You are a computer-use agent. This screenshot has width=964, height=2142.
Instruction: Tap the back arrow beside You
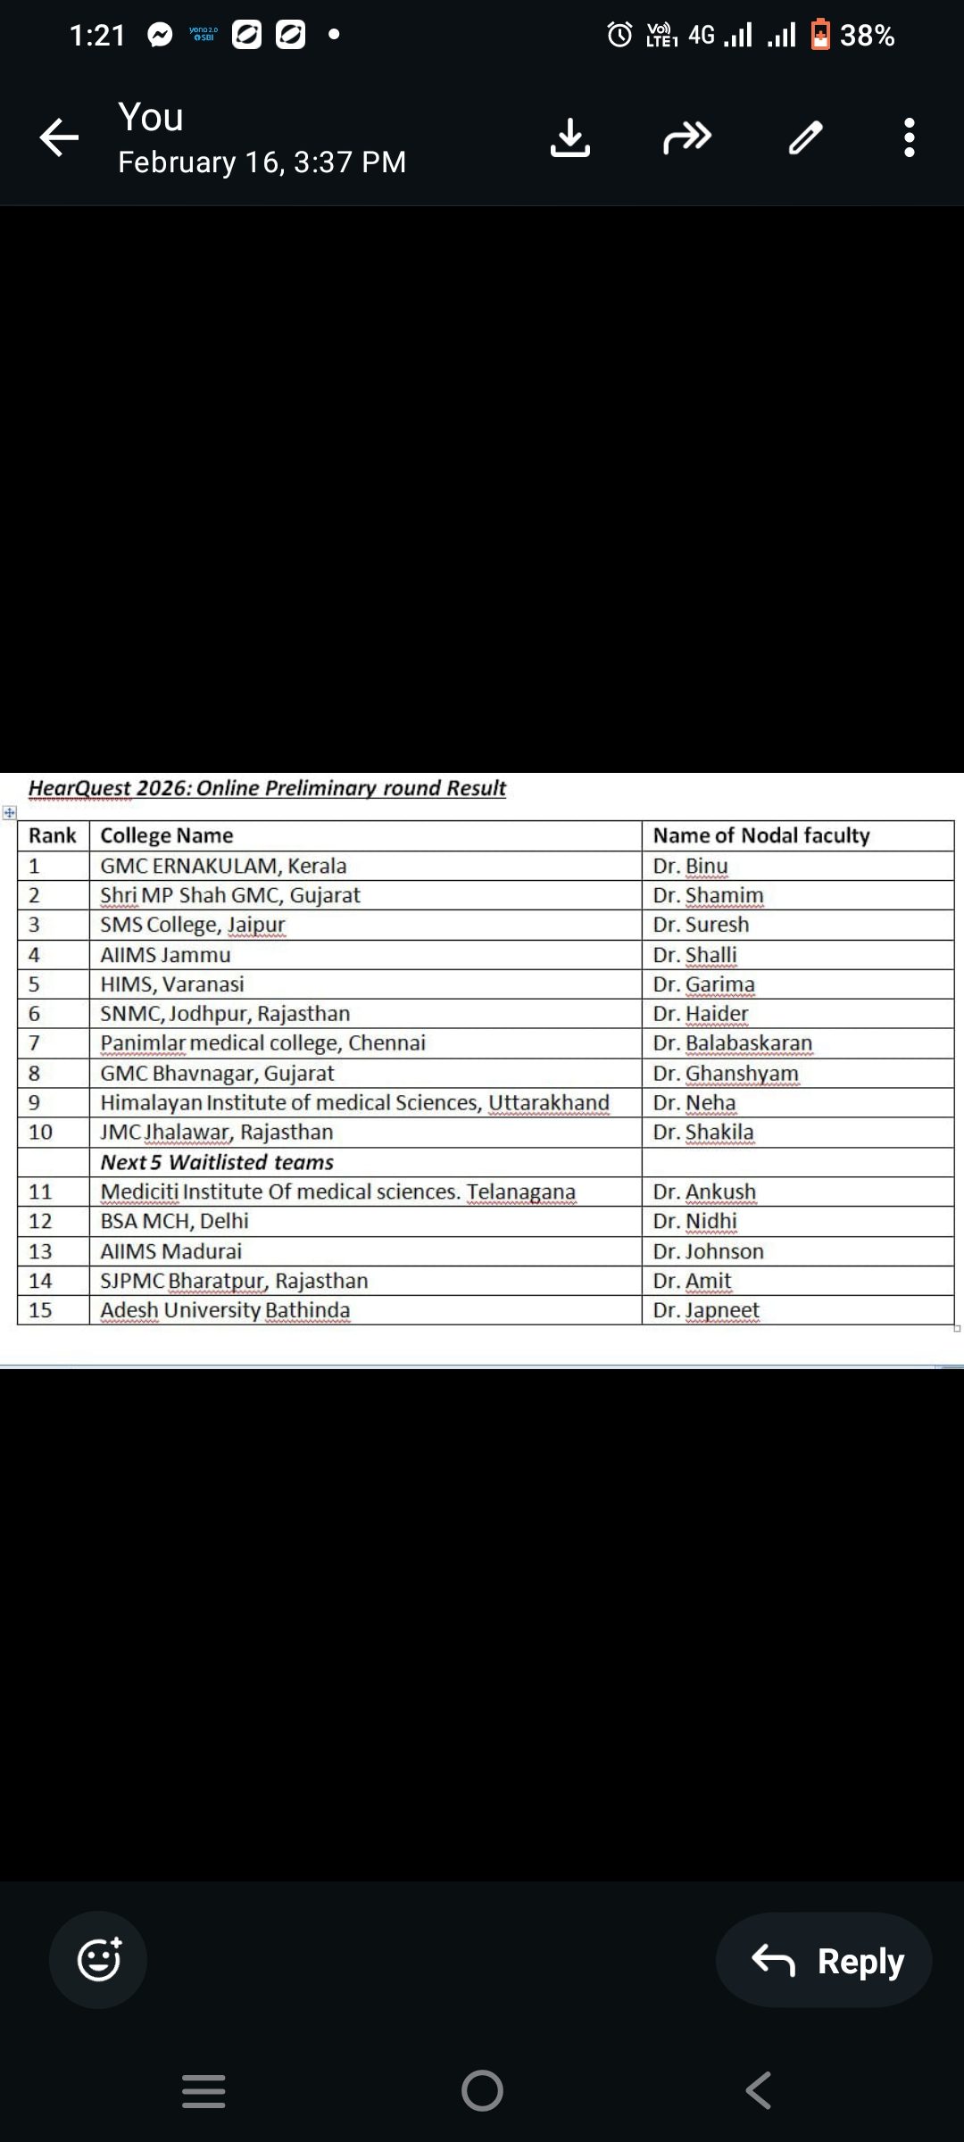click(x=60, y=137)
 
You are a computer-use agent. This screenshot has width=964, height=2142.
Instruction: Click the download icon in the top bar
click(x=570, y=137)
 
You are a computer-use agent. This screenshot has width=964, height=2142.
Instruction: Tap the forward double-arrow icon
click(x=687, y=137)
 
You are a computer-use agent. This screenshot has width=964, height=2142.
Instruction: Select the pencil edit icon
click(x=805, y=137)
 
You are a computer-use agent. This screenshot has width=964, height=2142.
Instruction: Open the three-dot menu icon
click(x=909, y=137)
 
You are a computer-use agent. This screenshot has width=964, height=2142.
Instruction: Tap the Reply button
click(x=825, y=1961)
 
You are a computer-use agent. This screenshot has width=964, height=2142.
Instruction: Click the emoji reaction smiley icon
click(x=99, y=1960)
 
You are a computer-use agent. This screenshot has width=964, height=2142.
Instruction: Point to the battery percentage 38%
click(x=867, y=36)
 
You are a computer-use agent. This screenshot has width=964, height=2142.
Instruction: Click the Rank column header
click(x=53, y=835)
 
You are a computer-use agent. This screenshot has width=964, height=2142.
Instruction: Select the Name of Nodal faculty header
click(x=760, y=835)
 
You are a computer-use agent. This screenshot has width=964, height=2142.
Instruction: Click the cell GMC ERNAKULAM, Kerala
click(x=223, y=866)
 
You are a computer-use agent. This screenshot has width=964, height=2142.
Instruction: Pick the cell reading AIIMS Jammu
click(x=165, y=955)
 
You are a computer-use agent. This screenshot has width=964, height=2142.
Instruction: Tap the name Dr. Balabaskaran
click(x=732, y=1043)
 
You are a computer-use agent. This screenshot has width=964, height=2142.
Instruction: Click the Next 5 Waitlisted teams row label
click(x=217, y=1162)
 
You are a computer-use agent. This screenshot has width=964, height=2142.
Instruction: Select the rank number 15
click(x=40, y=1310)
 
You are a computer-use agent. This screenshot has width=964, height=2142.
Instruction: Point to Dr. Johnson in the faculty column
click(x=708, y=1251)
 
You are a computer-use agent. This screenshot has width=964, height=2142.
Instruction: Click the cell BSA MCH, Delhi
click(x=174, y=1221)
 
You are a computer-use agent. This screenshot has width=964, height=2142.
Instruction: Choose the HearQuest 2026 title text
click(x=267, y=788)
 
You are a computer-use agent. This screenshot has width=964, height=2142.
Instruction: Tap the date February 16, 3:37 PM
click(x=262, y=162)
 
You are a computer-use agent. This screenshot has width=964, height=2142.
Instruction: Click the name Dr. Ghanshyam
click(x=725, y=1073)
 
